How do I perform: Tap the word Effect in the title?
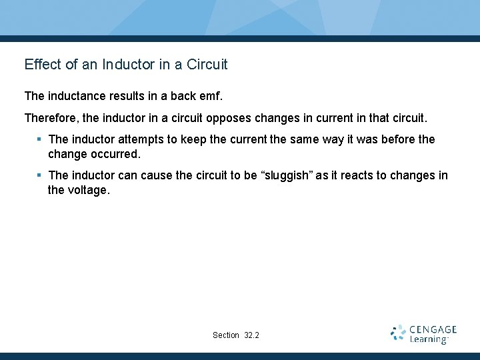pyautogui.click(x=42, y=65)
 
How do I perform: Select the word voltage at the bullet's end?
pyautogui.click(x=87, y=190)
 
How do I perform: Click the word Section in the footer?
pyautogui.click(x=226, y=335)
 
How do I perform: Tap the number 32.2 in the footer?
pyautogui.click(x=252, y=335)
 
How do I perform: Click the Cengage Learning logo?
pyautogui.click(x=423, y=334)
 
